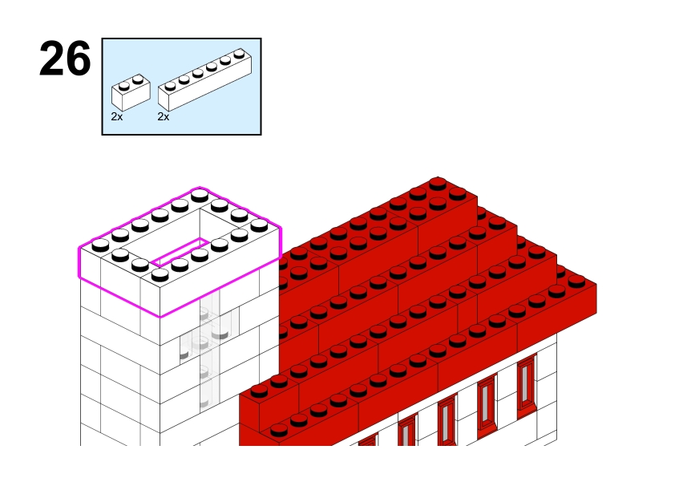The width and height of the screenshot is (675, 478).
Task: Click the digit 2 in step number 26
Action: pos(51,59)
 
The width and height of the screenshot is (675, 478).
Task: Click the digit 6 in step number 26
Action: pos(79,59)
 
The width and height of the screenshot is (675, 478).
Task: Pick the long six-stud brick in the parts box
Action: pos(205,79)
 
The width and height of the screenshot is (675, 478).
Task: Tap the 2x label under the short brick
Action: pos(117,117)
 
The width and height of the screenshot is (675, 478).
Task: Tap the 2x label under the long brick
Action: pos(164,117)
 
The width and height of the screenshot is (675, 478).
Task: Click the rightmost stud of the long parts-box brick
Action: pos(240,54)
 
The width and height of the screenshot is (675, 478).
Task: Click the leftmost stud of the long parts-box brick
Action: pos(171,86)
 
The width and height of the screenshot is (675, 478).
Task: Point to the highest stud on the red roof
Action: pos(438,183)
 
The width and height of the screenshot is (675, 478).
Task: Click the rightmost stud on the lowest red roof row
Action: pos(576,282)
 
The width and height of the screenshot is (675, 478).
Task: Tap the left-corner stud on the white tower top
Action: pos(100,245)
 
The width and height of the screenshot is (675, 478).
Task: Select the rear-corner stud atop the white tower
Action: pos(200,196)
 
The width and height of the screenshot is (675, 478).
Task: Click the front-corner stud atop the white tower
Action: pos(160,274)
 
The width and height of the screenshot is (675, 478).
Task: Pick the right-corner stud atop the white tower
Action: pos(259,225)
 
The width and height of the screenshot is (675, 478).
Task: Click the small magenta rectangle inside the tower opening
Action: pos(180,253)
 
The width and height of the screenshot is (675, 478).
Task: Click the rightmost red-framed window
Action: pos(527,386)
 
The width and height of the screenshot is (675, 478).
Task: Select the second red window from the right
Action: pos(487,405)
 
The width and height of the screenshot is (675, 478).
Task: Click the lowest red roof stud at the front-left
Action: pos(279,430)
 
